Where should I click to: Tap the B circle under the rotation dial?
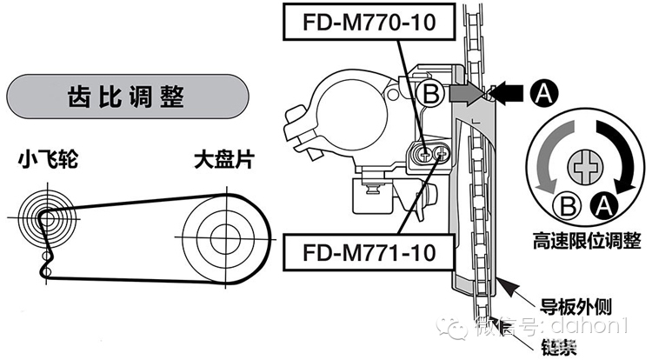(566, 205)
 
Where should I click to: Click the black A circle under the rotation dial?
(600, 205)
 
